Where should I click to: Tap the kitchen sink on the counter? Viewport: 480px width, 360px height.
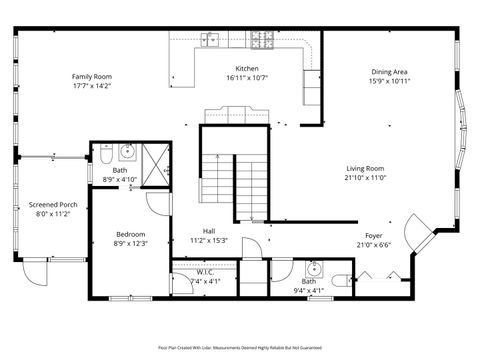tap(211, 40)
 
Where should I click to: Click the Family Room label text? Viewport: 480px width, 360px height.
tap(91, 76)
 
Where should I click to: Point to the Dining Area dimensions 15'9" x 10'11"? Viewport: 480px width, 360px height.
tap(389, 81)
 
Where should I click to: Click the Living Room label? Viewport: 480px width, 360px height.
tap(365, 168)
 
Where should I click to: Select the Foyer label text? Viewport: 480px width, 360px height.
tap(374, 235)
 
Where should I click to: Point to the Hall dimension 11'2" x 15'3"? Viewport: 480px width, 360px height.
tap(209, 240)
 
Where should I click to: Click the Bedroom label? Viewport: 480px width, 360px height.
tap(130, 234)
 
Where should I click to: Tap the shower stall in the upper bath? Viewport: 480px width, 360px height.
tap(156, 165)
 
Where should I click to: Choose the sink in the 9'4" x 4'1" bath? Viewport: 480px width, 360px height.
tap(314, 269)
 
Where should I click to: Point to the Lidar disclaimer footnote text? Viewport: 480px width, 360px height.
tap(240, 347)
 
